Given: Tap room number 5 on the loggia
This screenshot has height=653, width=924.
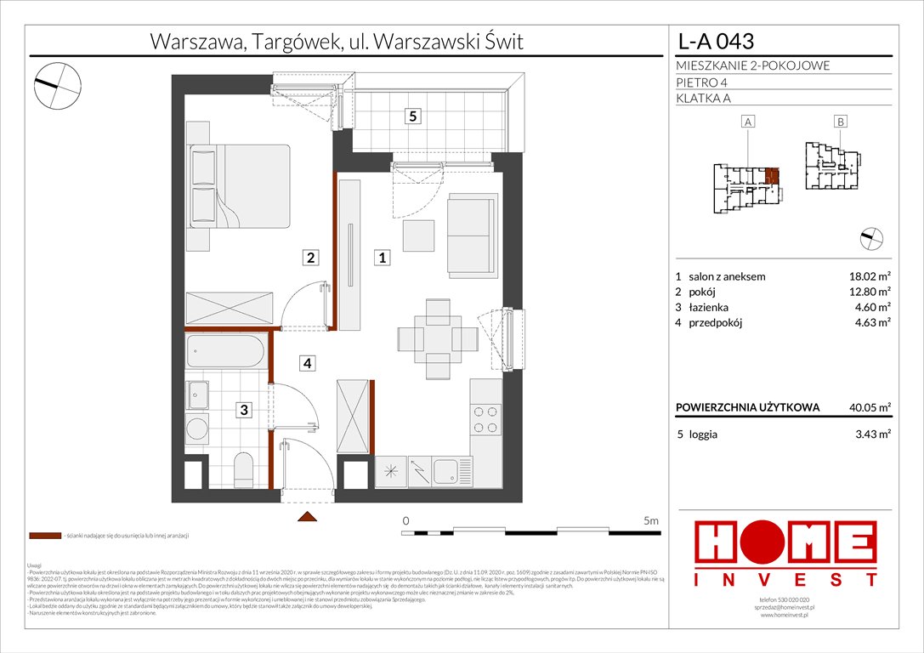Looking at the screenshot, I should coord(411,117).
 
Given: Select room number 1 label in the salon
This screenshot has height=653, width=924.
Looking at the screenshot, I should coord(383,257).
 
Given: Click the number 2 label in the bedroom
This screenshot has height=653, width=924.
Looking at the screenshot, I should coord(312,257).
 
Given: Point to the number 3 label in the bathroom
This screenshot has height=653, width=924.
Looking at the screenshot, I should coord(244,410).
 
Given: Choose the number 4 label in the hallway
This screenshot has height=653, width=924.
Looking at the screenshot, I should coord(305,364).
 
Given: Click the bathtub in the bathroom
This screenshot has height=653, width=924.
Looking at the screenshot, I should coord(226,350).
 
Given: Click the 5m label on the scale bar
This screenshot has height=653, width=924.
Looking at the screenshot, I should coord(652,520).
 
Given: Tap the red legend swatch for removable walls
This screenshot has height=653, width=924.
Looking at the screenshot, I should coord(44,537).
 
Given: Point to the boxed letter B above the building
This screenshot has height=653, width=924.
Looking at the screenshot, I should coord(840,122).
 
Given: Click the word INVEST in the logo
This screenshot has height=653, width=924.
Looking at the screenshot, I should coord(785,580).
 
